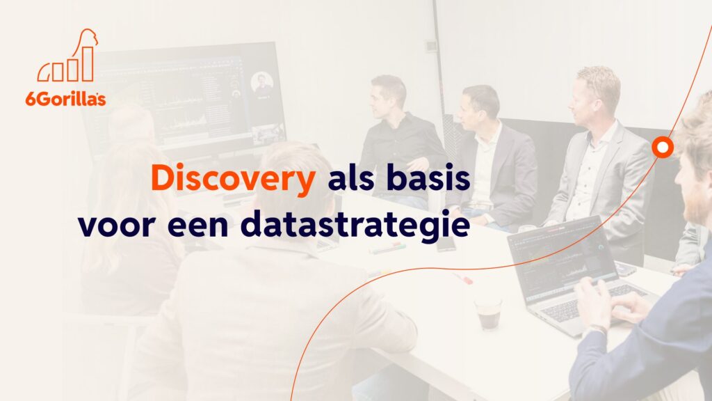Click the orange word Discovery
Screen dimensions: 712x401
tap(233, 179)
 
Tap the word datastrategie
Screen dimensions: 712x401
tap(355, 224)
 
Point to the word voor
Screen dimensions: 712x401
tap(117, 226)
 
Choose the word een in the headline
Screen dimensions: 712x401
tap(197, 226)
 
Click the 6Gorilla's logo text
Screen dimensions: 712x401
tap(66, 99)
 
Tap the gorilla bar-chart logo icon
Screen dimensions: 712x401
tap(68, 56)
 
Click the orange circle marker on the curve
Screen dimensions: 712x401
tap(663, 148)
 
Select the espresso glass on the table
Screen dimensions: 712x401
tap(488, 313)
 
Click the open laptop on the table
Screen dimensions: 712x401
tap(572, 273)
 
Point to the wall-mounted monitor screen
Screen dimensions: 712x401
tap(186, 97)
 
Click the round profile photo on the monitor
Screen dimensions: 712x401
tap(262, 83)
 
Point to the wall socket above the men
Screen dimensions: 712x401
tap(430, 45)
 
